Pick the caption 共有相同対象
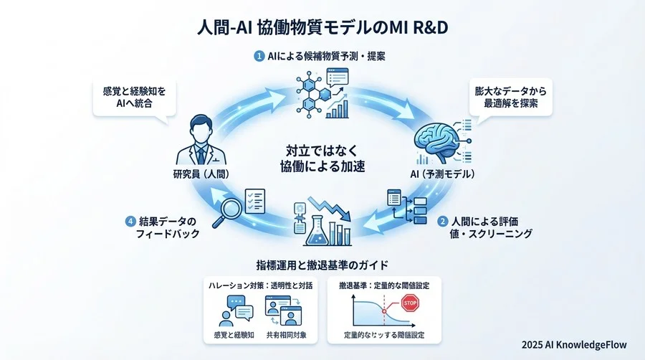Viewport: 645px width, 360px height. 282,333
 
